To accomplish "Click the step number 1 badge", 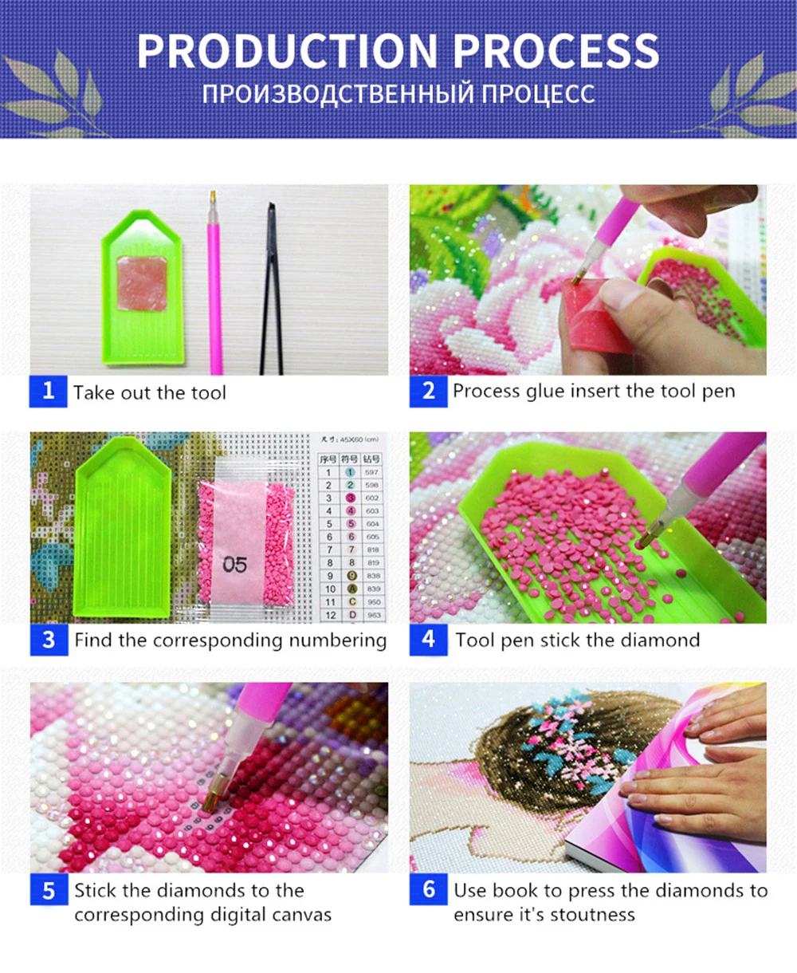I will click(x=49, y=392).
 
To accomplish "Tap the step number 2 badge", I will click(x=429, y=392).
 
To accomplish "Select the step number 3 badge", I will click(x=49, y=640).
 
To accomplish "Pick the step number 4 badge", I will click(x=429, y=640).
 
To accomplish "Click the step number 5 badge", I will click(x=49, y=890).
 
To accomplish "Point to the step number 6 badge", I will click(x=429, y=890).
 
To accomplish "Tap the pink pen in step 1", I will click(x=214, y=287).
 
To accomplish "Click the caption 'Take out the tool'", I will click(x=150, y=392).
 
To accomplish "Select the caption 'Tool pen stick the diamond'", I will click(x=578, y=640).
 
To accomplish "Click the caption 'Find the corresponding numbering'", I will click(x=230, y=640).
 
